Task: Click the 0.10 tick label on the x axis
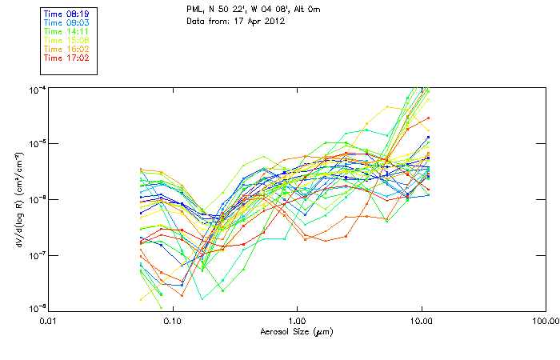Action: point(172,320)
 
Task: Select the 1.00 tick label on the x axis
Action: point(297,320)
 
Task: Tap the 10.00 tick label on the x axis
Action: point(421,320)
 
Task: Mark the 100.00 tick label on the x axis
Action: point(546,320)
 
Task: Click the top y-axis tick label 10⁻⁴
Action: point(37,87)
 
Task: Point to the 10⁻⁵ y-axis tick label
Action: point(37,143)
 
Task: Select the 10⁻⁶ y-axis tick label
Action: point(37,199)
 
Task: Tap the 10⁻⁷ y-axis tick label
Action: point(37,255)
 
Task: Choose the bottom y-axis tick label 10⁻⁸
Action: point(37,309)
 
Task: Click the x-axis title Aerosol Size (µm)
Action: point(296,331)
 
